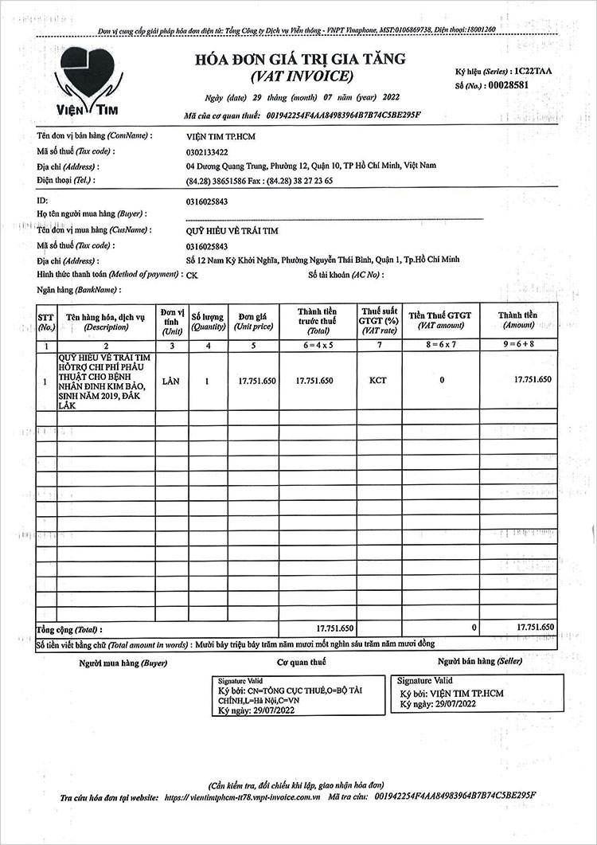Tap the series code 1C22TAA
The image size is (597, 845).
tap(533, 71)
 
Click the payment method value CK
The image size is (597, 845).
tap(192, 275)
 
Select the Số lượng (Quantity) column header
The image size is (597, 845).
tap(207, 320)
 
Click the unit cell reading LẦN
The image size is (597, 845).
tap(170, 381)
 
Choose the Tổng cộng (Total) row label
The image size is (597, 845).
tap(70, 629)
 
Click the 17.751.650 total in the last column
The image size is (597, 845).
tap(534, 628)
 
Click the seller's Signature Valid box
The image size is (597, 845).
tap(475, 692)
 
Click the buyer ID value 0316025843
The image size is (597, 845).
tap(206, 201)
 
